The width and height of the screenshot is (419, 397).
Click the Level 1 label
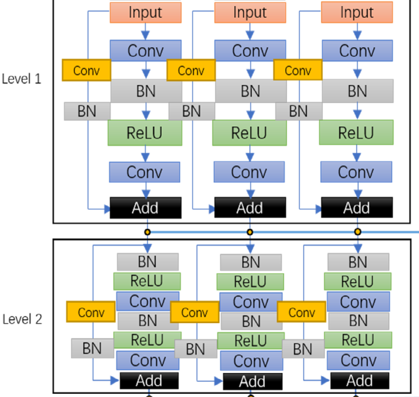(21, 79)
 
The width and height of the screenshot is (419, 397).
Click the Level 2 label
(22, 319)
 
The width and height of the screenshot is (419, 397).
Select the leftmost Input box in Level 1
(146, 12)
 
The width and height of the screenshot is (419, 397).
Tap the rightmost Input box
(357, 12)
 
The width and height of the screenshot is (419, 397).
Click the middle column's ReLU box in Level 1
(249, 133)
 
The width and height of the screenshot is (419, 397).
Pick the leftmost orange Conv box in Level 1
(86, 71)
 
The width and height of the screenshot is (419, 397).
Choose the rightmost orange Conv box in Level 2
(301, 312)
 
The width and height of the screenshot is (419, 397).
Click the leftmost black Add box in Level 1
(146, 208)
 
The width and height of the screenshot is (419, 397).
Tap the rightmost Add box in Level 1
(357, 208)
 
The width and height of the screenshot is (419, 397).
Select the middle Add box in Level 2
(253, 381)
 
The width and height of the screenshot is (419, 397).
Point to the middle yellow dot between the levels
(250, 232)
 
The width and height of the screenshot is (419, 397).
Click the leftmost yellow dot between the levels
(147, 232)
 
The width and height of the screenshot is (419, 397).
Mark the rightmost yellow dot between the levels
(357, 232)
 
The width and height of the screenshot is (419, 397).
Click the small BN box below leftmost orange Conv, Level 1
(87, 111)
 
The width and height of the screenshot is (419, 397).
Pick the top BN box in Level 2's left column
(148, 262)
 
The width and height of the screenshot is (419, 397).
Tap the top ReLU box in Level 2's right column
(357, 281)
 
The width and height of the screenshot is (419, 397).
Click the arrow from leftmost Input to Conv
(146, 31)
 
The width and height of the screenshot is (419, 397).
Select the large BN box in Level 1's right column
(357, 91)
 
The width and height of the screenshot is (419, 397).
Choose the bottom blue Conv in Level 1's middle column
(249, 172)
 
